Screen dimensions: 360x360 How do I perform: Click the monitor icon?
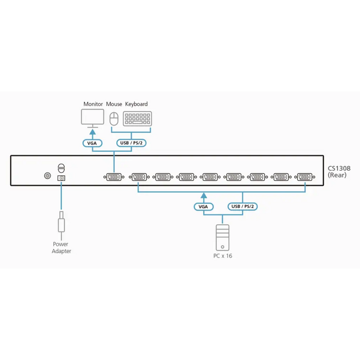(x=93, y=119)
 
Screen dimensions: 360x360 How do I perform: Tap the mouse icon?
(x=114, y=119)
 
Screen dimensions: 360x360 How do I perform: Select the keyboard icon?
(x=137, y=119)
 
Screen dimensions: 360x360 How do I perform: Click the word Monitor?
(x=94, y=104)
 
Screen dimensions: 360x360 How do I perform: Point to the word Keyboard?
(x=136, y=104)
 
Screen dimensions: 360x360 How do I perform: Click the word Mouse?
(x=114, y=104)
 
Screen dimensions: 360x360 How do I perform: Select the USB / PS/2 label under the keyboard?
(x=131, y=143)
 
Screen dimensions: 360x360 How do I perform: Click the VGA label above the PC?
(x=204, y=207)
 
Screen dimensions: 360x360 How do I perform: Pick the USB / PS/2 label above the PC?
(x=243, y=207)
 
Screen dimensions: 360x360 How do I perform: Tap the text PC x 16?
(x=223, y=256)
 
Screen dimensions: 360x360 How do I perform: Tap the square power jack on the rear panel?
(x=62, y=178)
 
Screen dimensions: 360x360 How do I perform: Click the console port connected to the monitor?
(x=113, y=177)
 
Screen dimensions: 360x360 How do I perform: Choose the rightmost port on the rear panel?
(x=304, y=177)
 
